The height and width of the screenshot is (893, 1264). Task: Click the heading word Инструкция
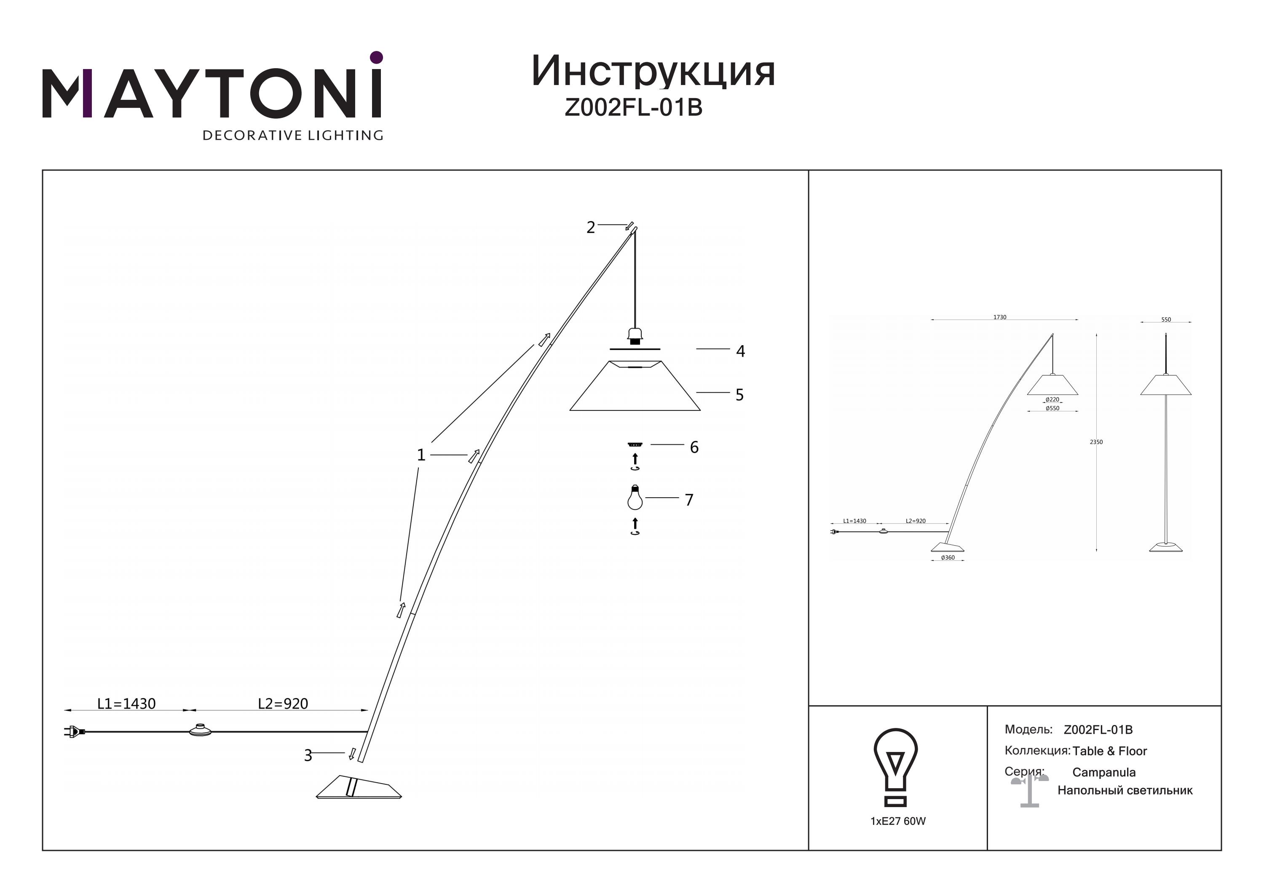click(x=653, y=72)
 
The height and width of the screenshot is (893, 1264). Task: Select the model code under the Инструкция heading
click(x=634, y=107)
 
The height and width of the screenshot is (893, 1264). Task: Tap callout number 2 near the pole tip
click(x=591, y=227)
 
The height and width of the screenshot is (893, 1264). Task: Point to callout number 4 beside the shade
click(x=740, y=351)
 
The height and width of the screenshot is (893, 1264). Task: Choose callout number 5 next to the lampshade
click(x=739, y=395)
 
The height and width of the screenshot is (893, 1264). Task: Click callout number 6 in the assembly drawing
click(x=694, y=447)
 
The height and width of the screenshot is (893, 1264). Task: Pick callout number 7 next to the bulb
click(x=689, y=500)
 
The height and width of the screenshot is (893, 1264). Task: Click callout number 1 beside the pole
click(x=421, y=455)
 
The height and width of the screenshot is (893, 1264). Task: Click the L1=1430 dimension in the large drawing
click(x=127, y=704)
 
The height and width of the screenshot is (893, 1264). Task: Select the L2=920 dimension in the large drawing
click(x=283, y=704)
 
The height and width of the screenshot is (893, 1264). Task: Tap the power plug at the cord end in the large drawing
click(x=74, y=732)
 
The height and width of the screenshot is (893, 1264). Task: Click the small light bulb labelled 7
click(x=635, y=497)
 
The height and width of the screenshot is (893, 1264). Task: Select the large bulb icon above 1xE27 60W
click(x=895, y=768)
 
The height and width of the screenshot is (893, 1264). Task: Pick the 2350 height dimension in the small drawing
click(x=1096, y=442)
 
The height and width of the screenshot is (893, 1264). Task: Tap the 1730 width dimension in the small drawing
click(x=1000, y=317)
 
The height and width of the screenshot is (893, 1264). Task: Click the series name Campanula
click(x=1104, y=773)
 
